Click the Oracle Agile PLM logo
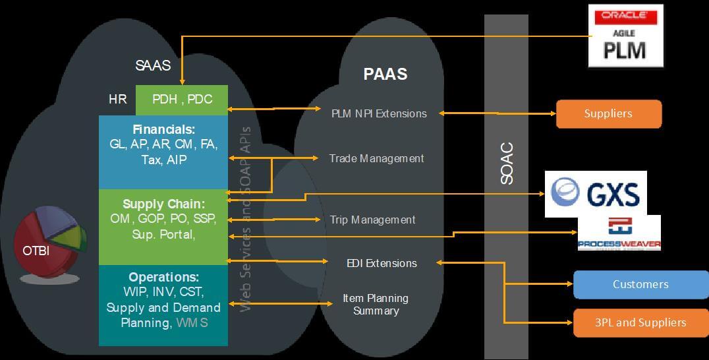point(625,36)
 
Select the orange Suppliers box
point(608,113)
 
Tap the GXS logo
point(596,194)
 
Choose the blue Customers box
point(640,284)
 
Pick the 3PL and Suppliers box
point(640,322)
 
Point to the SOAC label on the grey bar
point(507,164)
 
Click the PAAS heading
point(385,74)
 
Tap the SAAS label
point(153,65)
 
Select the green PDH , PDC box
point(182,100)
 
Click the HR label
point(118,100)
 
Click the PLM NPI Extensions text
point(379,113)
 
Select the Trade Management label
point(376,158)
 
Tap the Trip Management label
point(372,220)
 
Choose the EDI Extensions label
point(382,263)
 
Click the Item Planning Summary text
point(376,305)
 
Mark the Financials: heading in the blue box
point(163,129)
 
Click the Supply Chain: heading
point(163,204)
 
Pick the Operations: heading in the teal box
point(163,277)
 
